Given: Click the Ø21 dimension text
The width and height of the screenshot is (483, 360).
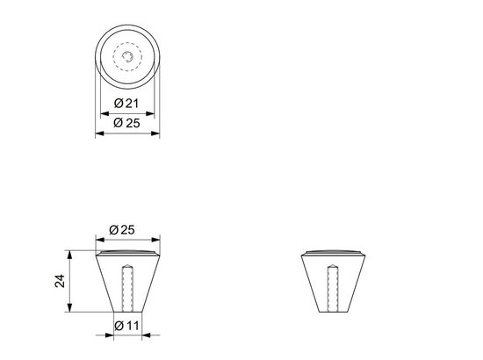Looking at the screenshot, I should (129, 104).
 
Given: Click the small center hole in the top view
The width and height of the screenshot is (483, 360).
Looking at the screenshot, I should (129, 57).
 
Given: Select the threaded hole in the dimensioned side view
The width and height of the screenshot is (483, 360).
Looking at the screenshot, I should (126, 285).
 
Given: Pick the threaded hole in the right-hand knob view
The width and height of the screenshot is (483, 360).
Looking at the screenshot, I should (335, 285).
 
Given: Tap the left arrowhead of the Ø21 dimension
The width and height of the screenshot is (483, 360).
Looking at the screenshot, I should (105, 114).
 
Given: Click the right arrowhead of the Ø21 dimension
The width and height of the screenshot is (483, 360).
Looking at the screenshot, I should (154, 114).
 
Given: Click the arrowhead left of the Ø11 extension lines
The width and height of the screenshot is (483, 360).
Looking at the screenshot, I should (110, 336).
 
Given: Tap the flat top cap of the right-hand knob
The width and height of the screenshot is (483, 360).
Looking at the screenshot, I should (335, 254).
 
